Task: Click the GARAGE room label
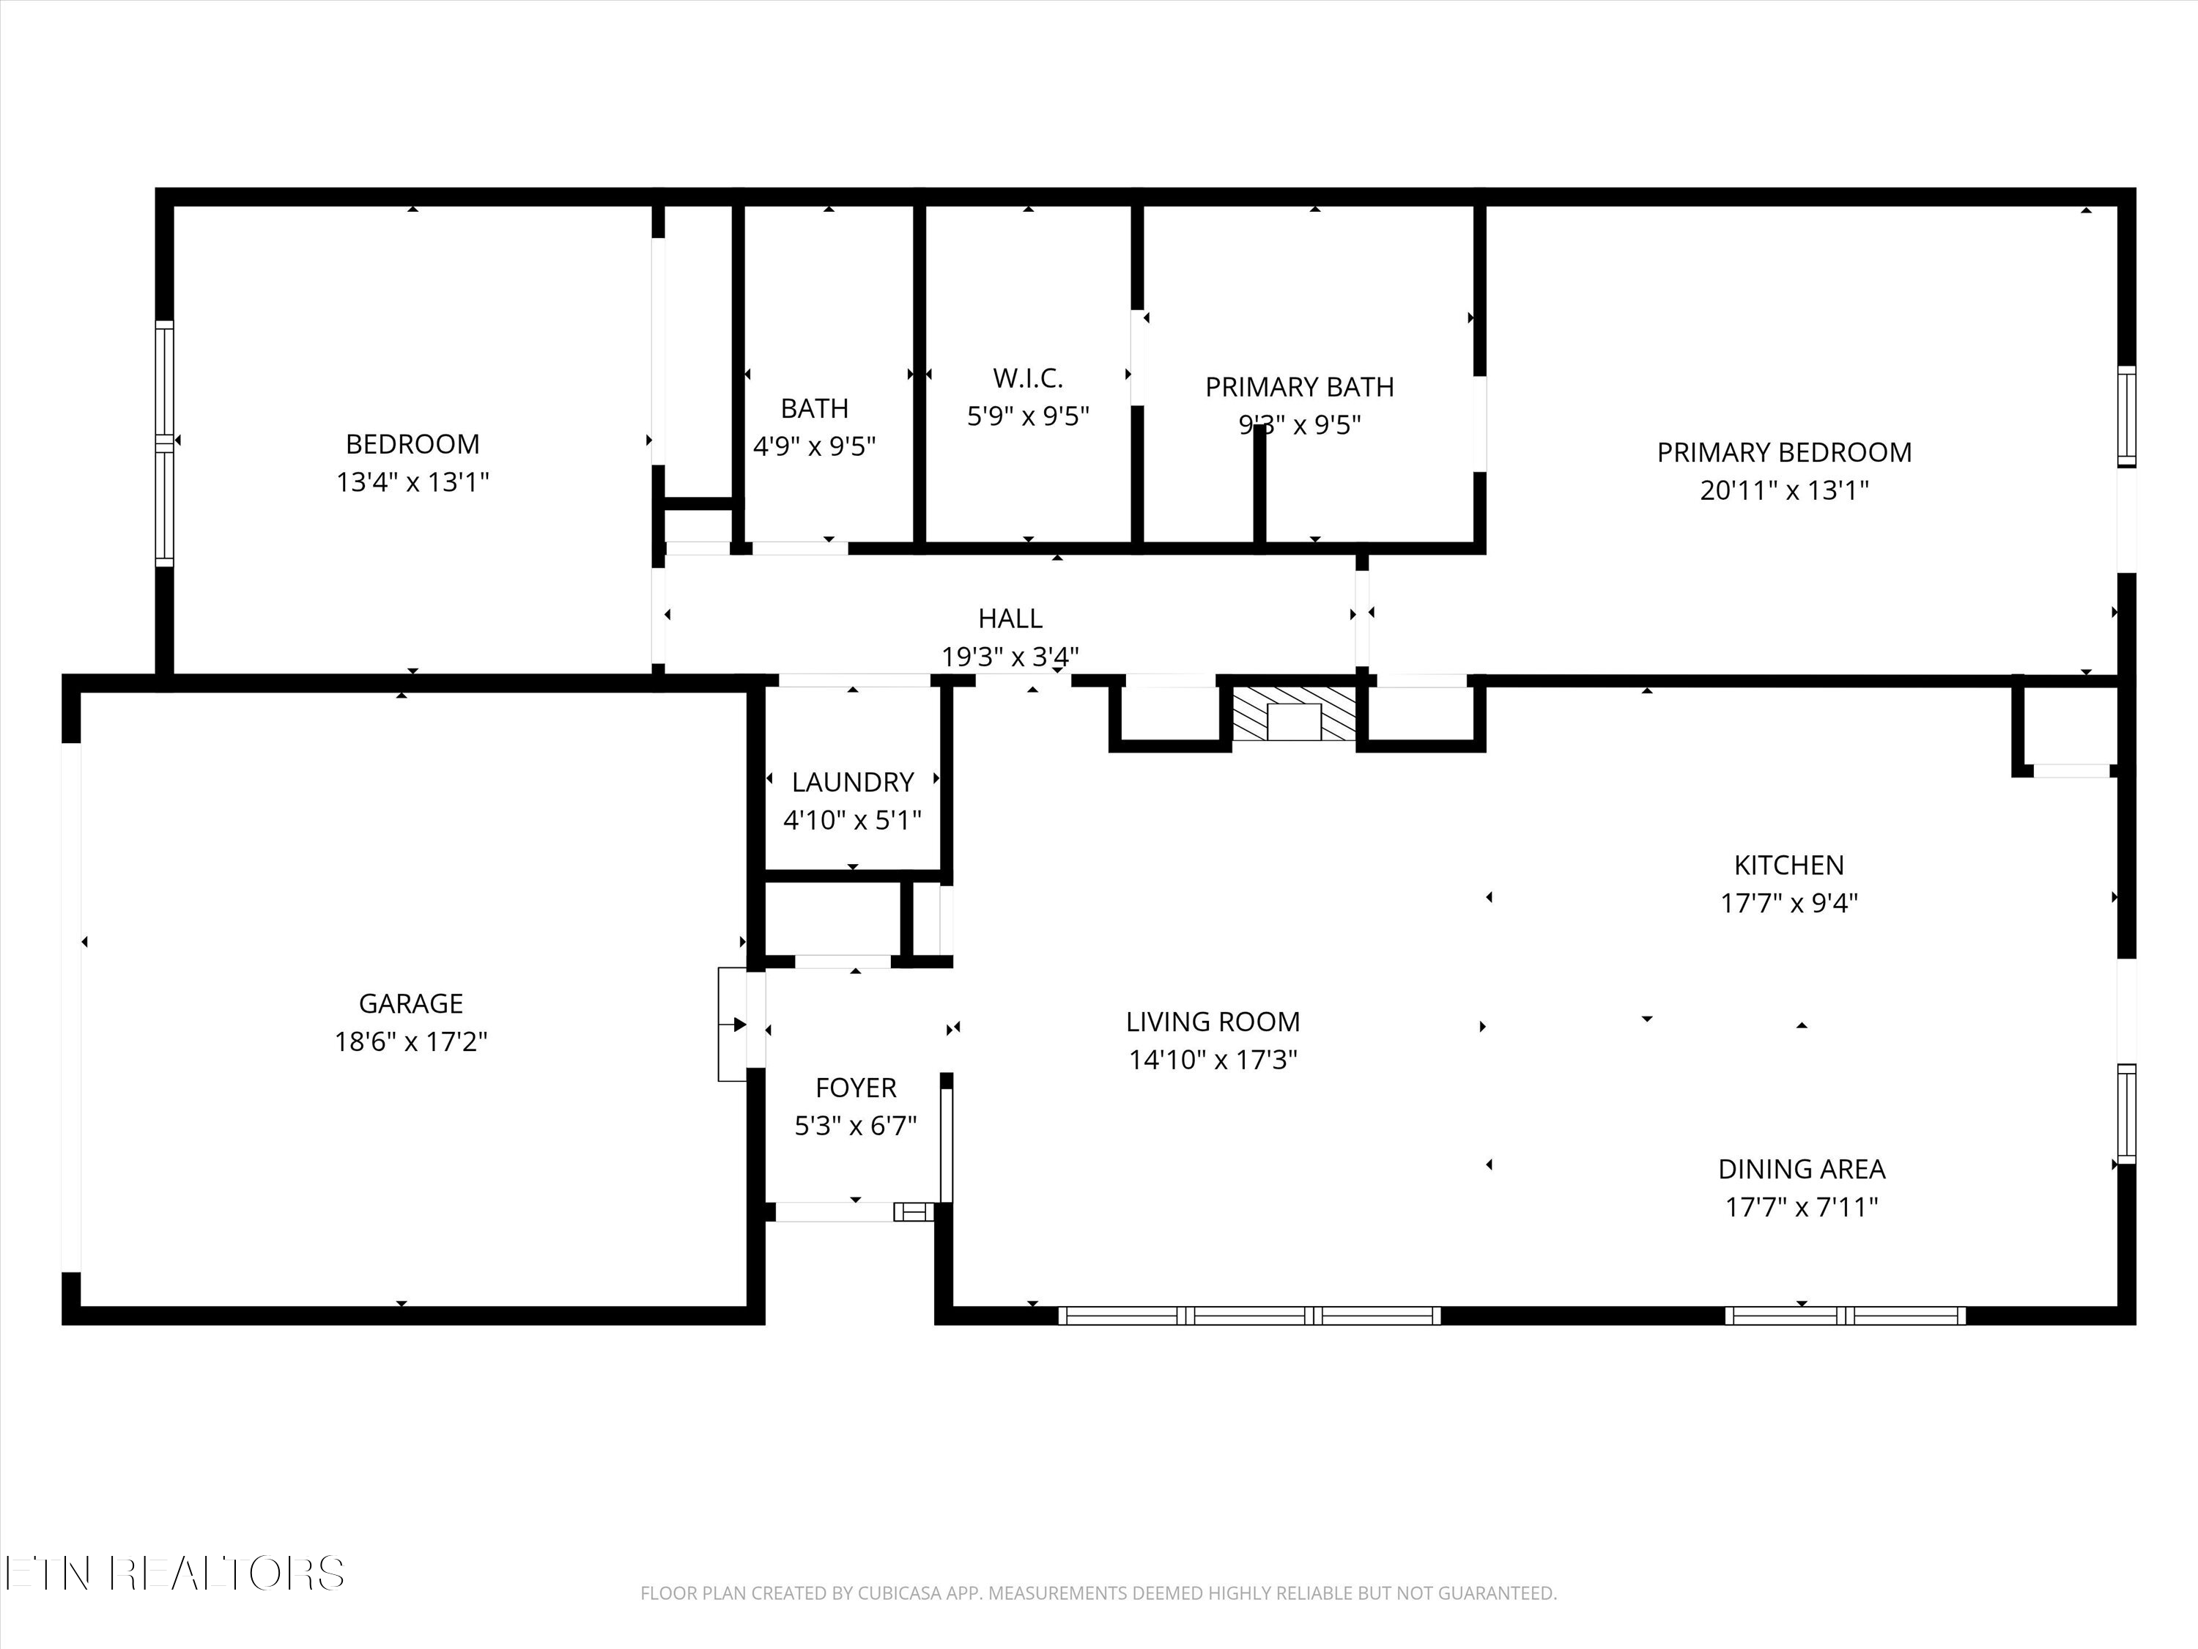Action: (410, 1003)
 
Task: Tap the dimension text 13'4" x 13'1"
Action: (412, 482)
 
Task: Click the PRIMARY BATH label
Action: (1299, 387)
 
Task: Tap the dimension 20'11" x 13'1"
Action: (1783, 490)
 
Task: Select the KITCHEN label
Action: (1788, 865)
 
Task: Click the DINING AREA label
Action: (1801, 1169)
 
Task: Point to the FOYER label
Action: (856, 1088)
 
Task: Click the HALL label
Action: (1010, 619)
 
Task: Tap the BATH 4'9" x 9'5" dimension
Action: (814, 446)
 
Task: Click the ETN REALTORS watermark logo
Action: (174, 1574)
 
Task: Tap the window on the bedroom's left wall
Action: (164, 443)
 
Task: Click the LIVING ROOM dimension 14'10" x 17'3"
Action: (1213, 1060)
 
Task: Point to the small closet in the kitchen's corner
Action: (2069, 728)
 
